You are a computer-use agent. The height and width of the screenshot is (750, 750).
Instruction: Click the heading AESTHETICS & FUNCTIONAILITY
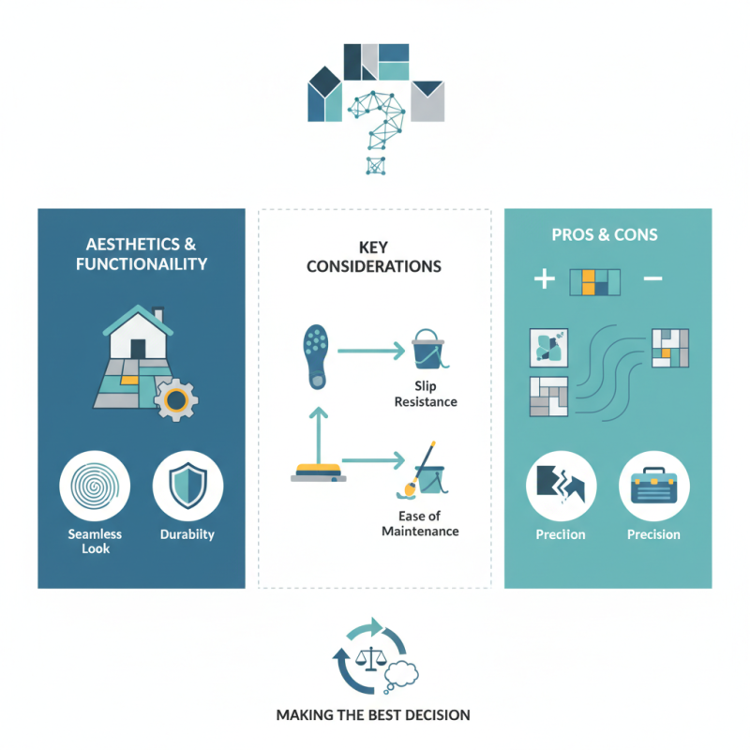coord(141,253)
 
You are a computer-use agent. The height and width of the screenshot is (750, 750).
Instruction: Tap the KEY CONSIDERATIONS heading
coord(374,256)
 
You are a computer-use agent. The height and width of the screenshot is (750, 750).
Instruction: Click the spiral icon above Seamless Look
coord(94,487)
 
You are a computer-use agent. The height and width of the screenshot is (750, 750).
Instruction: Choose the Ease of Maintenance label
coord(420,524)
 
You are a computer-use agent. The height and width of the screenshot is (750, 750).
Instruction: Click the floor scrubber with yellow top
coord(318,470)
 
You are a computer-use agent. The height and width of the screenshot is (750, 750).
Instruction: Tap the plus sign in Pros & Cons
coord(544,279)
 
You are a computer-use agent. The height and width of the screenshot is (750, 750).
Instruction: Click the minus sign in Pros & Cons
coord(653,279)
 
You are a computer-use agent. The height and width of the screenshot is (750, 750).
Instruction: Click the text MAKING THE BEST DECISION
coord(373,714)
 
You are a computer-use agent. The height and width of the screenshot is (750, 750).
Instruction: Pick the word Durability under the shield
coord(187,534)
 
